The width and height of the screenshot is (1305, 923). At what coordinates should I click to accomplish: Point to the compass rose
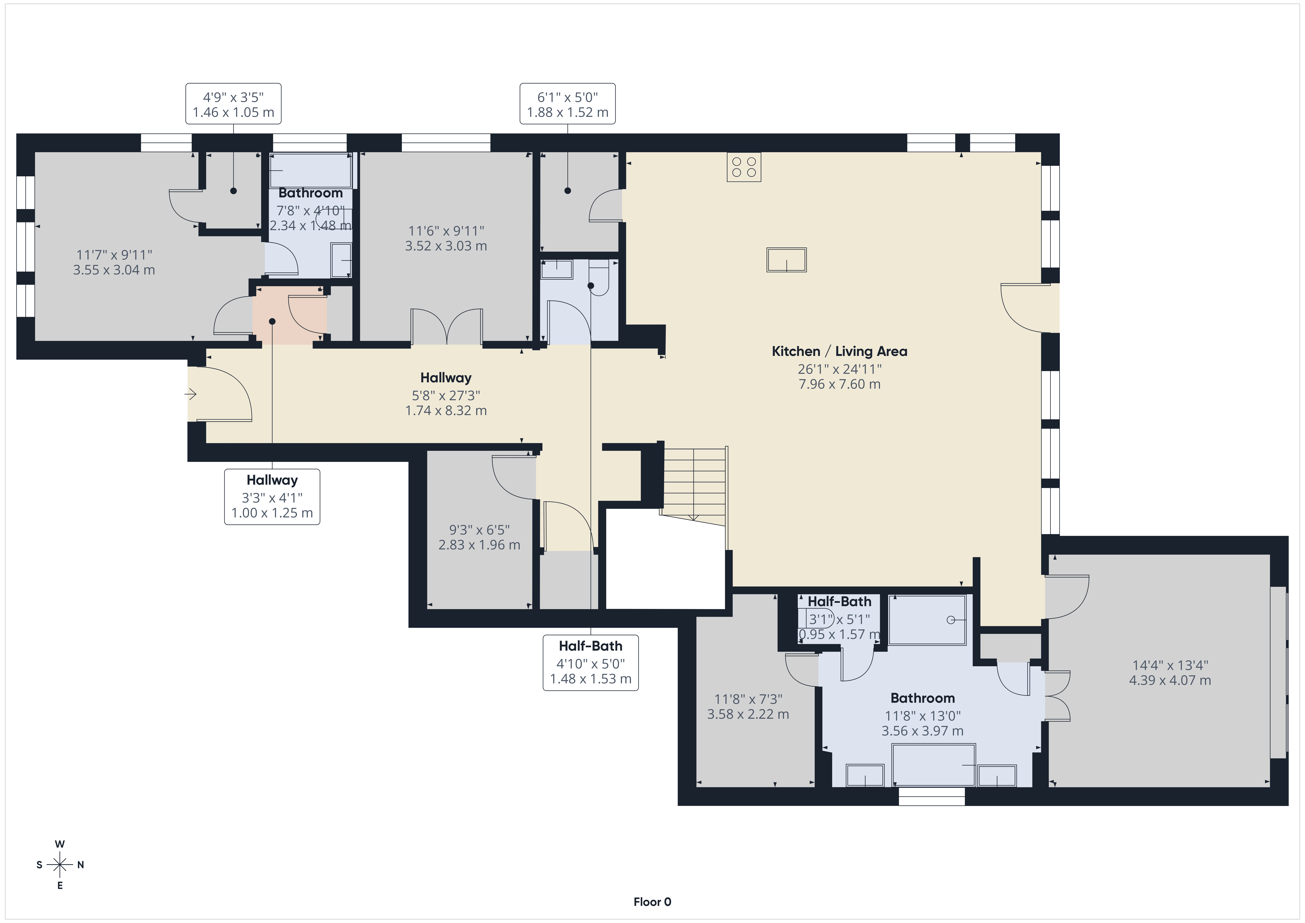[x=60, y=864]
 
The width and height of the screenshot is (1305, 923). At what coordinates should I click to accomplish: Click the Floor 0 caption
[x=652, y=901]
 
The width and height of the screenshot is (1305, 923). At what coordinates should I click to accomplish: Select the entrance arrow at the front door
[x=190, y=393]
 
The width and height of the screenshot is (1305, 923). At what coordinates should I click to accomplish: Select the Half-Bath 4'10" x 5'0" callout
[x=591, y=663]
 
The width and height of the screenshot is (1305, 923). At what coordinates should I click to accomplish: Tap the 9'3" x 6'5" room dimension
[x=479, y=537]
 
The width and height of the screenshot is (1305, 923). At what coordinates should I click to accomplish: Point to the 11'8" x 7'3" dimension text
[x=748, y=706]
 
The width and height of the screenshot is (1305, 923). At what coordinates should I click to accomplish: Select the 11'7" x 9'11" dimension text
[x=114, y=262]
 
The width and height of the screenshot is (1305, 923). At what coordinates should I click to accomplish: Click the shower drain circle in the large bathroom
[x=951, y=620]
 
